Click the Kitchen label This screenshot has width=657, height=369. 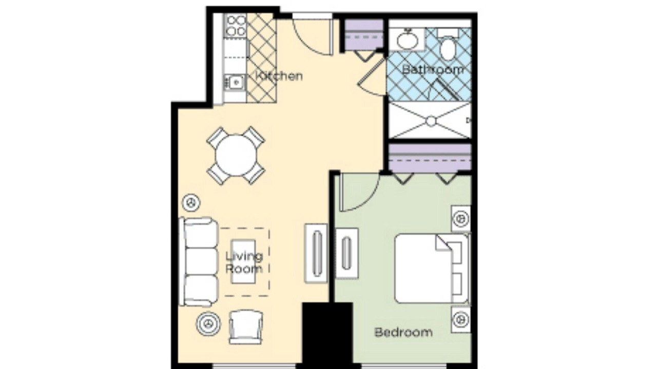pos(279,76)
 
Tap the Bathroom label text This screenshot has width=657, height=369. pos(433,70)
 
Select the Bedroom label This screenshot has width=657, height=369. pos(403,332)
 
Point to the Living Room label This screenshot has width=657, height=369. pos(244,262)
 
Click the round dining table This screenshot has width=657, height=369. pos(236,155)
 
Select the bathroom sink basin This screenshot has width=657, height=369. pos(408,39)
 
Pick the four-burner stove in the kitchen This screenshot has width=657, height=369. pos(236,26)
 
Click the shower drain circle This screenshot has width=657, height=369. pos(431,121)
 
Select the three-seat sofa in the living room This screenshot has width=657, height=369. pos(199,262)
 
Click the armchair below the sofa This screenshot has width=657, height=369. pos(246,327)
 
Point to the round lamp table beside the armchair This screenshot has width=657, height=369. pos(208,323)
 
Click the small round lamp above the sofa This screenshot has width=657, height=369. pos(191,202)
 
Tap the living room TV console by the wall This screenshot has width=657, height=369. pos(316,253)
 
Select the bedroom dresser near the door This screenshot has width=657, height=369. pos(346,253)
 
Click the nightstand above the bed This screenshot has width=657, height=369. pos(461,218)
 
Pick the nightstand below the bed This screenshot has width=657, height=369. pos(461,319)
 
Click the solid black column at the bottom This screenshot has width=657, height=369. pos(327,336)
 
